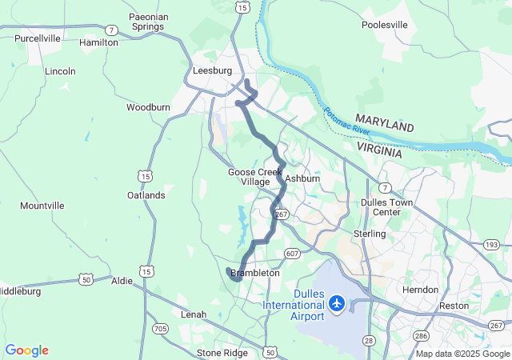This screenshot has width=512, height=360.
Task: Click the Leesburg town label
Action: click(213, 71)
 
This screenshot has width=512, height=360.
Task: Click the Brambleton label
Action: click(255, 273)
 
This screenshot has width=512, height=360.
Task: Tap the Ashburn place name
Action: click(302, 178)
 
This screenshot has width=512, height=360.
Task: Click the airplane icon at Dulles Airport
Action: click(336, 304)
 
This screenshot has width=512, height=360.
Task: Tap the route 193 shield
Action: click(491, 244)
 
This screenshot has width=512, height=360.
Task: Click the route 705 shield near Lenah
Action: click(160, 328)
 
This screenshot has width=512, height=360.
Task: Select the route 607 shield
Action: click(292, 254)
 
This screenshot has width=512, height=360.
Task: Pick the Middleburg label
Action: click(18, 291)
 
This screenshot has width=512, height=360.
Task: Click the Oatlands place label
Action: click(146, 195)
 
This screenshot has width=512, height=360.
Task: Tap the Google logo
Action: click(26, 350)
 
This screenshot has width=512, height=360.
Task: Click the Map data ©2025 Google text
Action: click(462, 354)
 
